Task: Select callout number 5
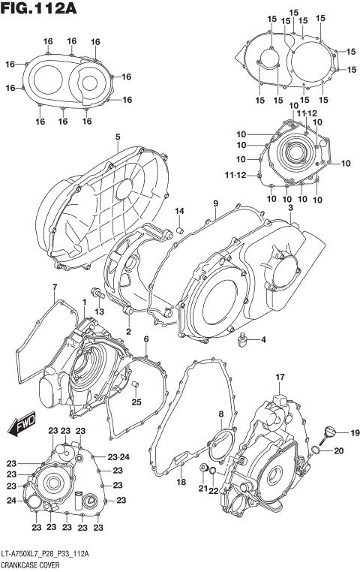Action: [118, 137]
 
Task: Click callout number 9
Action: [215, 203]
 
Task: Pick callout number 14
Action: [180, 209]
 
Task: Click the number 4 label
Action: [263, 341]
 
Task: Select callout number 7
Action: [54, 288]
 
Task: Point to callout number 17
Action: [279, 376]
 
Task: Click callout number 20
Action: [338, 451]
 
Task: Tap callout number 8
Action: [220, 414]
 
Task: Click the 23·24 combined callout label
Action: [118, 456]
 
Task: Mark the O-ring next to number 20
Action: [317, 451]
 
